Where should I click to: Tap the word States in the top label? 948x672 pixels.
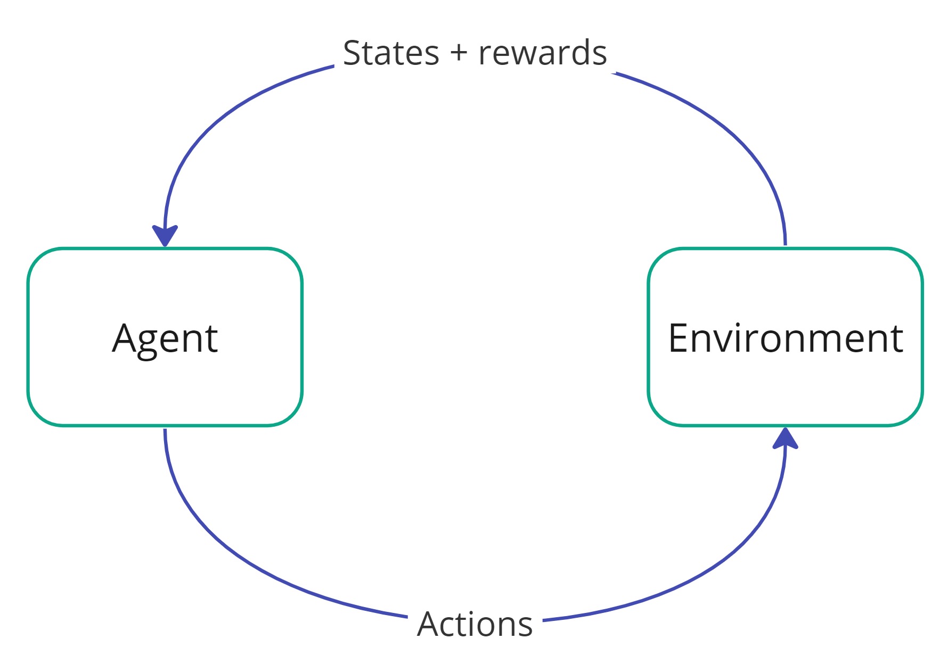click(x=391, y=53)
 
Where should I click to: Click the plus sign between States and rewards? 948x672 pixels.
click(x=459, y=54)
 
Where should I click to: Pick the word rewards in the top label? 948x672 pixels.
click(x=543, y=53)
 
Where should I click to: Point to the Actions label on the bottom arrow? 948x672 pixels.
click(x=475, y=624)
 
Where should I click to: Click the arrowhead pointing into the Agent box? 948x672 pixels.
click(x=165, y=236)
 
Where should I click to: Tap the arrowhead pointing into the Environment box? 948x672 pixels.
click(x=786, y=437)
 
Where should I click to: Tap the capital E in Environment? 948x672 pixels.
click(x=679, y=338)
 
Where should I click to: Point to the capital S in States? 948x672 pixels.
click(x=353, y=53)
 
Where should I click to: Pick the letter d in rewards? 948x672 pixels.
click(x=578, y=52)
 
